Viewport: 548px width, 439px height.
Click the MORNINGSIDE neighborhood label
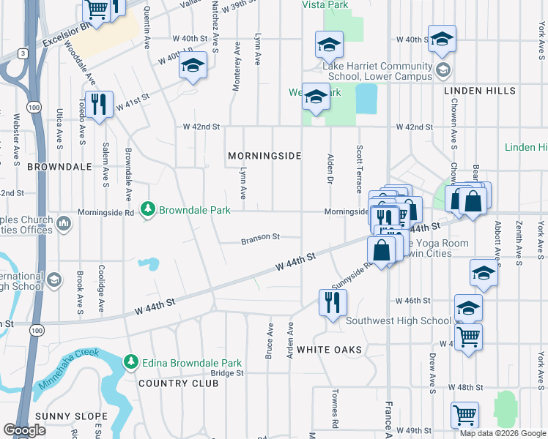pos(264,157)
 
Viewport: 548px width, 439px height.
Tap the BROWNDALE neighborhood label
pos(59,167)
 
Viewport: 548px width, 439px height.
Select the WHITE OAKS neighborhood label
pos(329,350)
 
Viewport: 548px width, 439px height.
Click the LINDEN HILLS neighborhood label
pos(480,91)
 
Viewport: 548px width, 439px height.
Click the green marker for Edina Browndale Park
pos(131,362)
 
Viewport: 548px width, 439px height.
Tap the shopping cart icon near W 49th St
pos(464,415)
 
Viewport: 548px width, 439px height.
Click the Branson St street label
pos(262,237)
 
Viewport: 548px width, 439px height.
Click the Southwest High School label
pos(399,320)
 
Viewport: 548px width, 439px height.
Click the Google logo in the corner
pos(25,430)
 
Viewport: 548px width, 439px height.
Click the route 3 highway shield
pos(25,53)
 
